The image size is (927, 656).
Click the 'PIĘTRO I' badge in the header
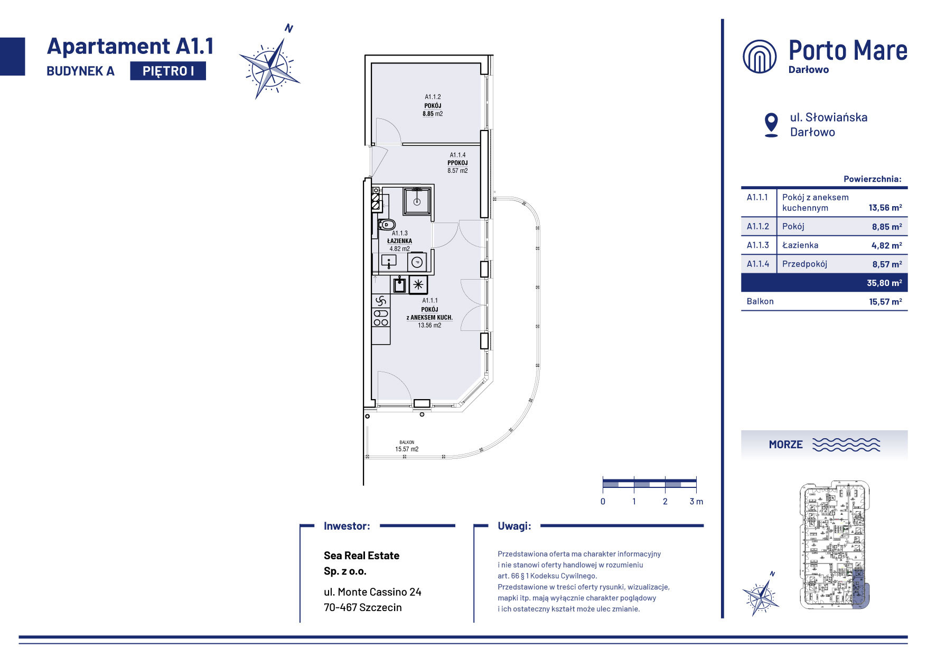click(x=168, y=71)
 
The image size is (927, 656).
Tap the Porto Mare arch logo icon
click(x=760, y=56)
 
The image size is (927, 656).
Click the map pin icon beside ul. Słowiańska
click(x=771, y=125)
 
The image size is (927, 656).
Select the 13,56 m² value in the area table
click(x=885, y=208)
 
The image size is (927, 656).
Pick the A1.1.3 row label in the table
click(x=758, y=245)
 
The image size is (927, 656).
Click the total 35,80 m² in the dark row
click(x=884, y=283)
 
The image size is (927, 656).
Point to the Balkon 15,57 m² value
click(x=885, y=302)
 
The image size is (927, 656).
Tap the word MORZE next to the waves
click(x=785, y=445)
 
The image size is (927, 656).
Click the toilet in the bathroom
click(x=386, y=225)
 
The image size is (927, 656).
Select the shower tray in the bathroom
click(x=417, y=201)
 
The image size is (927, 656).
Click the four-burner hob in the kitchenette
click(x=381, y=317)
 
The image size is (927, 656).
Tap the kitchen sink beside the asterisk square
click(x=400, y=284)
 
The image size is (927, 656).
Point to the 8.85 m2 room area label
click(x=433, y=114)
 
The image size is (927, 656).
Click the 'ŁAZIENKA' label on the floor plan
click(x=399, y=241)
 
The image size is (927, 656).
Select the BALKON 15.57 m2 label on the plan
click(x=407, y=446)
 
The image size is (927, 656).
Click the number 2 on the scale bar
click(x=665, y=502)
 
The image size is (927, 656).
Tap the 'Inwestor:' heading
click(x=347, y=526)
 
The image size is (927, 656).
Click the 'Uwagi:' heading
click(x=514, y=526)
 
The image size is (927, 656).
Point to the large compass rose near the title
click(x=270, y=66)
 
